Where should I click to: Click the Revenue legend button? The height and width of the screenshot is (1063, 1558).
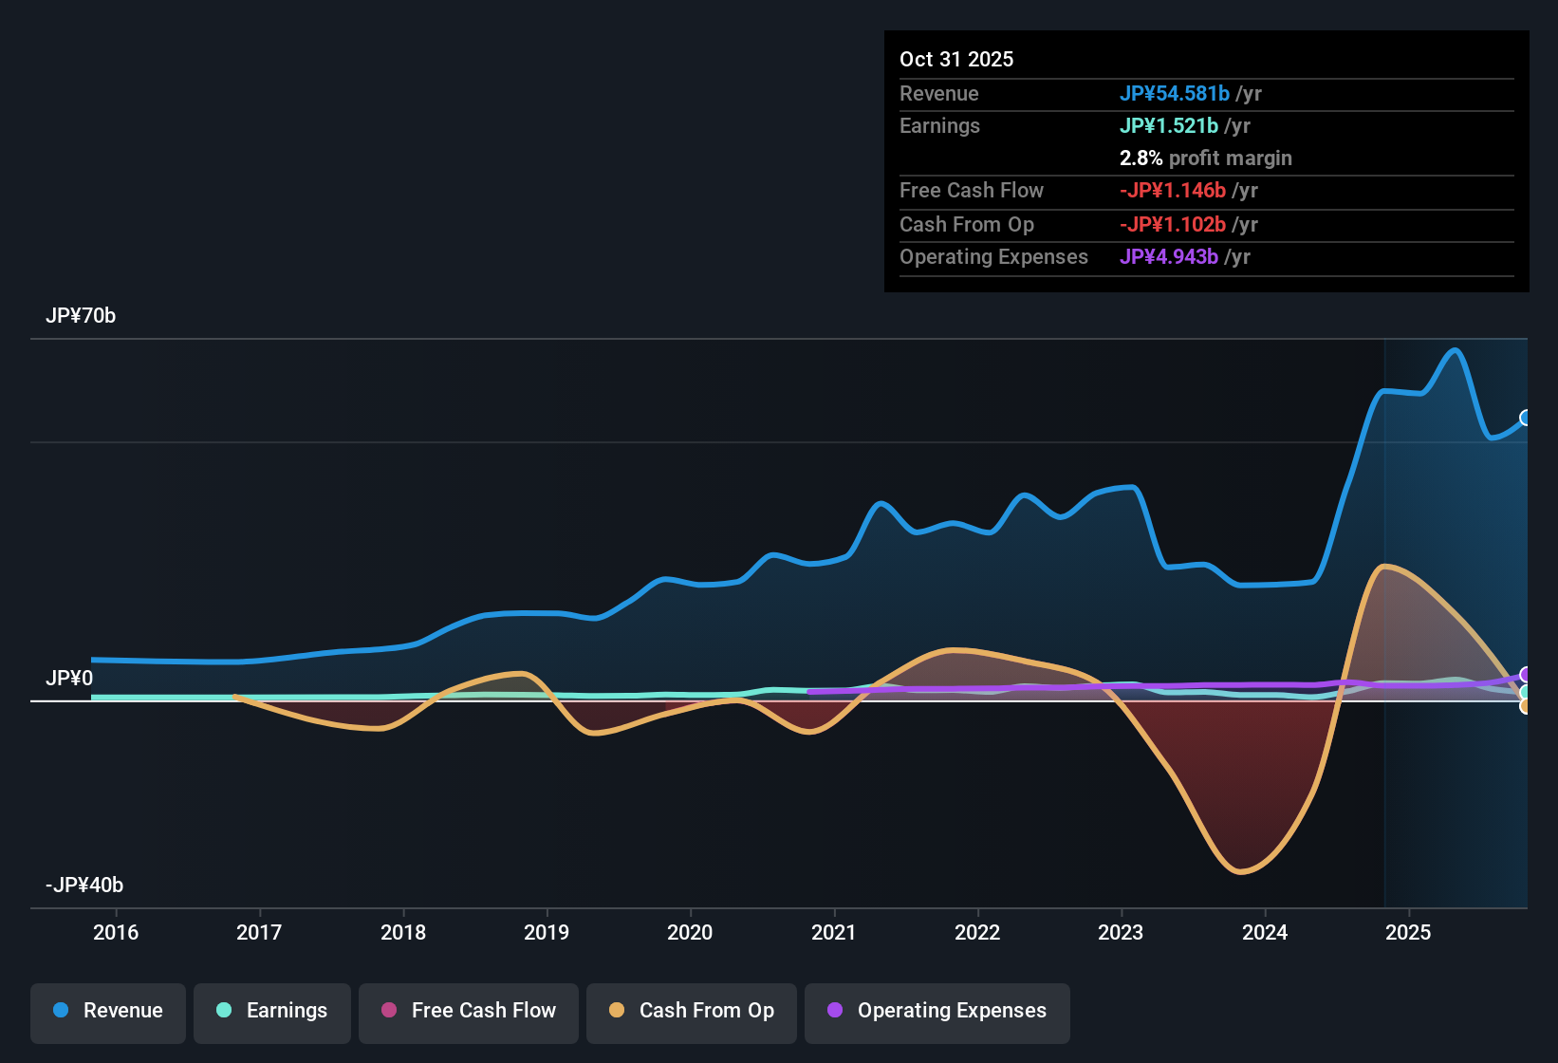[x=108, y=1011]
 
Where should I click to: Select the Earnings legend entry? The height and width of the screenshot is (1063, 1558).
[x=272, y=1011]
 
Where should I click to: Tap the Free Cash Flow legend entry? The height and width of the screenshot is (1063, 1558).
[x=469, y=1011]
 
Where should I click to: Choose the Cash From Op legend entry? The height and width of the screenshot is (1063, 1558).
[x=692, y=1011]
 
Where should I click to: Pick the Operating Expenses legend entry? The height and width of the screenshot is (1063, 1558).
[x=937, y=1011]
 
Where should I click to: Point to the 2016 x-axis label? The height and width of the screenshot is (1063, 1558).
[x=116, y=932]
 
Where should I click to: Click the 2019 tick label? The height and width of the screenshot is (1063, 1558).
[x=547, y=932]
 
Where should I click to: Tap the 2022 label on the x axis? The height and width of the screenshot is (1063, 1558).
[x=977, y=932]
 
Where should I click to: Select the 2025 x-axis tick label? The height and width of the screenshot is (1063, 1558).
[x=1408, y=932]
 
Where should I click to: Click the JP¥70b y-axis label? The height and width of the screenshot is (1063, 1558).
[x=81, y=316]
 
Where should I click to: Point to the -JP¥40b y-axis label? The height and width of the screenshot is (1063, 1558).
[x=84, y=886]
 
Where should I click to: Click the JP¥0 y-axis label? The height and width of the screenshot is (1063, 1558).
[x=69, y=679]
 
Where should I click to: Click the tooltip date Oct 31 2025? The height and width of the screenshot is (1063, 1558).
[x=956, y=59]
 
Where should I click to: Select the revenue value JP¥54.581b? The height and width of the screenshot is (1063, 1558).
[x=1175, y=93]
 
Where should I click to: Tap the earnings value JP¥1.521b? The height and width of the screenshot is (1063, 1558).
[x=1169, y=125]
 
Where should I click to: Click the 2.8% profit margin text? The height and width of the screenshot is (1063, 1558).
[x=1205, y=158]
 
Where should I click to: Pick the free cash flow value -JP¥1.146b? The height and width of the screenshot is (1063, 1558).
[x=1173, y=190]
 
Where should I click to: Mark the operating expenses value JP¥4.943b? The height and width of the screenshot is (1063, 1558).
[x=1169, y=256]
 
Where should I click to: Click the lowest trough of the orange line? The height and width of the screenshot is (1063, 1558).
[x=1241, y=871]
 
